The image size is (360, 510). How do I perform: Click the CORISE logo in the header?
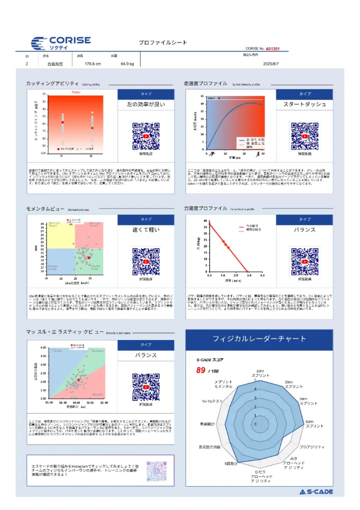61,43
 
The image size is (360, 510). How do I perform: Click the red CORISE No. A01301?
272,49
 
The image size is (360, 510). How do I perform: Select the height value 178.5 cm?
93,64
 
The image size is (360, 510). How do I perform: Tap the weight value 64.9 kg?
127,64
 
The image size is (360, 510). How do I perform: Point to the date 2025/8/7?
271,64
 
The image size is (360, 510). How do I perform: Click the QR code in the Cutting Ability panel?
146,136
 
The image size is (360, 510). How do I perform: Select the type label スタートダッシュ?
305,104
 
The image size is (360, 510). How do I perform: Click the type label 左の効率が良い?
146,104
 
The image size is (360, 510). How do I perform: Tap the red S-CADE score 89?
201,370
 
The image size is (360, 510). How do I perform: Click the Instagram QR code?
157,471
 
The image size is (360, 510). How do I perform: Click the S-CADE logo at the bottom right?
316,492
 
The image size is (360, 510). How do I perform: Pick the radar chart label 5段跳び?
231,463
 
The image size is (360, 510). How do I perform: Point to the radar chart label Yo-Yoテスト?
212,401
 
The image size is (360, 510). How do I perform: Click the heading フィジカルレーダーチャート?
259,339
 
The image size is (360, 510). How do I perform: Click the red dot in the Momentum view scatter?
89,258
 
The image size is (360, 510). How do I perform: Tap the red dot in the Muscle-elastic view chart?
78,380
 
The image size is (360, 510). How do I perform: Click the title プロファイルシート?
163,43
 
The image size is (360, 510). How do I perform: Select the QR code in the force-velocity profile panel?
305,261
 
